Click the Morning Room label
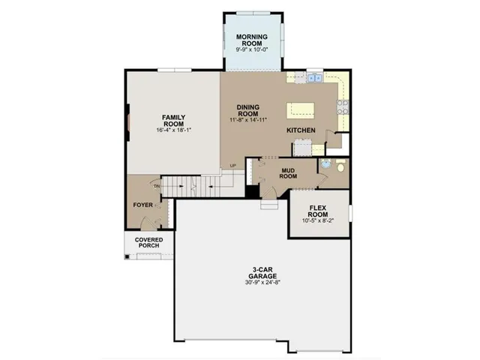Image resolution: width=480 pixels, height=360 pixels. pyautogui.click(x=253, y=40)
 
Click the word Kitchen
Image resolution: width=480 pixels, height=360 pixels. pyautogui.click(x=300, y=130)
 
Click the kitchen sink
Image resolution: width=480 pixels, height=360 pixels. pyautogui.click(x=314, y=76)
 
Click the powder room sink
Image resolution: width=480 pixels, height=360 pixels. pyautogui.click(x=326, y=164)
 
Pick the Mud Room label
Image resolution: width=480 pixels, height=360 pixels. pyautogui.click(x=289, y=173)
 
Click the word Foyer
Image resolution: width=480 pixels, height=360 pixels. pyautogui.click(x=143, y=205)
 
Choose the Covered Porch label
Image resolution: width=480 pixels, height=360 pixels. pyautogui.click(x=148, y=244)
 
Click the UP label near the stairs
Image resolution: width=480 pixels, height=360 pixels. pyautogui.click(x=232, y=166)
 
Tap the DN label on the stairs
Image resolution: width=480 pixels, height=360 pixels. pyautogui.click(x=157, y=186)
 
